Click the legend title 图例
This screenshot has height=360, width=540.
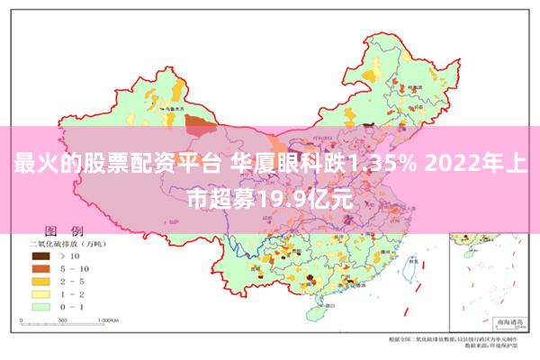pos(64,230)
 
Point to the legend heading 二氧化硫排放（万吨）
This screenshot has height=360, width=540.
pos(68,243)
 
